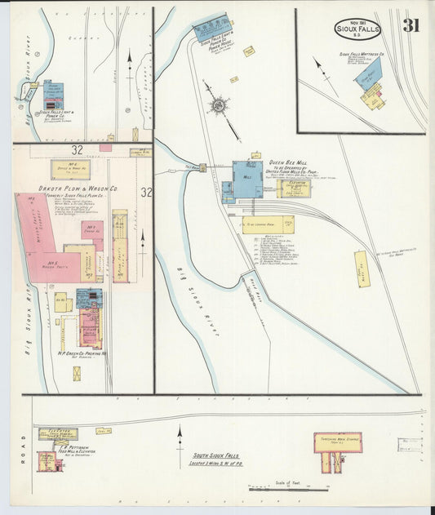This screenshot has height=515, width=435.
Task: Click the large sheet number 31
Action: point(411,25)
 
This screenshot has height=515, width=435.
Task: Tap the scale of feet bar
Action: point(289,489)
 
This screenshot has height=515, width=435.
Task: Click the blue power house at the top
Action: point(211,29)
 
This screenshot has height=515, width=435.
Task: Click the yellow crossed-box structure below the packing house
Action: point(77,373)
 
